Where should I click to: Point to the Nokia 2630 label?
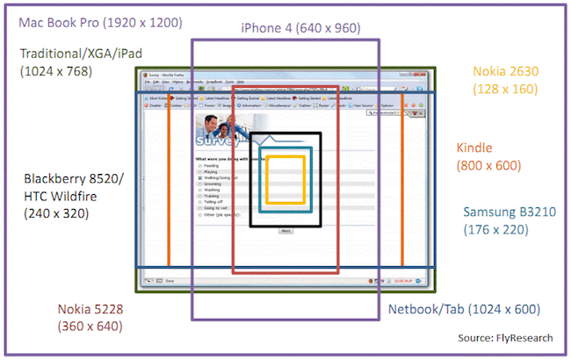click(x=508, y=71)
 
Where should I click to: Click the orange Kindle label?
click(x=474, y=148)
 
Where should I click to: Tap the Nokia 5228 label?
click(x=90, y=309)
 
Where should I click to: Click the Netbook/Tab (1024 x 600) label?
click(x=464, y=309)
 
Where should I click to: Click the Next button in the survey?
click(x=285, y=230)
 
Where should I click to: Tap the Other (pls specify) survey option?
click(x=219, y=214)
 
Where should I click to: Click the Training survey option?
click(x=210, y=195)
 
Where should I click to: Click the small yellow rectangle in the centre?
click(x=285, y=179)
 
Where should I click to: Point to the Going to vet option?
click(x=214, y=207)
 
